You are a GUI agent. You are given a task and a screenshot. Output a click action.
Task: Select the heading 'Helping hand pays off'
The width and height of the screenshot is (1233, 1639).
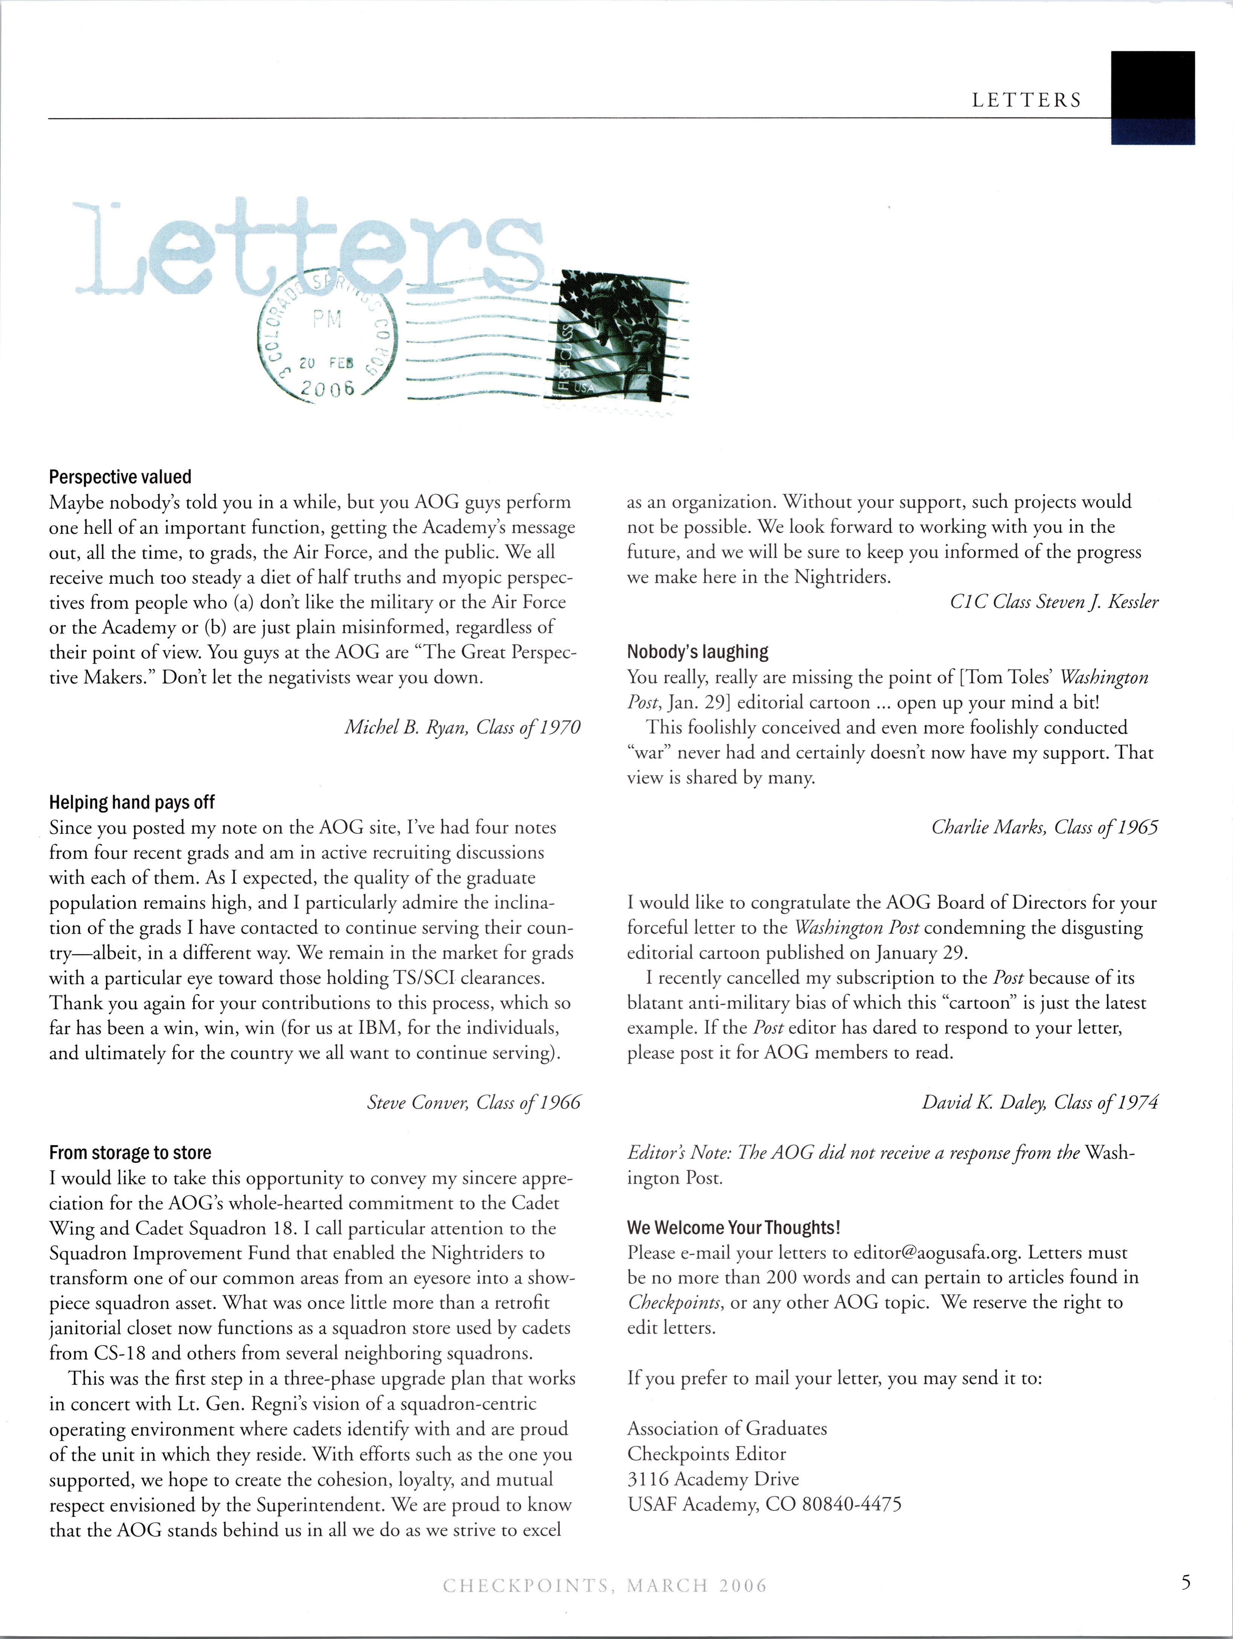coord(132,802)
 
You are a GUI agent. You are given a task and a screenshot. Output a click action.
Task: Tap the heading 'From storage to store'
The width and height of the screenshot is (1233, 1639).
coord(131,1153)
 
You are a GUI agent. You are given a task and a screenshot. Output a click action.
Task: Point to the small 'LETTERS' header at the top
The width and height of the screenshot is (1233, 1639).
coord(1027,101)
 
